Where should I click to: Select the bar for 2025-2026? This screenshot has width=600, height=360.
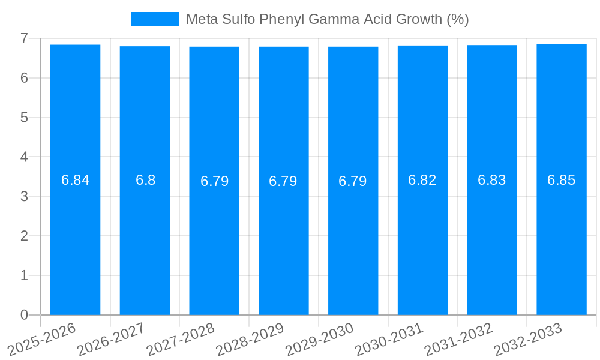75,240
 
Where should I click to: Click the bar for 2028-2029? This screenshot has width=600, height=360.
284,240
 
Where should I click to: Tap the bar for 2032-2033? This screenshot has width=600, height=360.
562,240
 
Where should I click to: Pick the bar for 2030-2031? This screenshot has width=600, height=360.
422,240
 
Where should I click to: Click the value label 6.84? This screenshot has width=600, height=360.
76,180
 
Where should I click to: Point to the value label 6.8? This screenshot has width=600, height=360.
145,180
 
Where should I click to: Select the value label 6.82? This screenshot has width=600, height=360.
422,180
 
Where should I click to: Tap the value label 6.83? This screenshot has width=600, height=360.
492,180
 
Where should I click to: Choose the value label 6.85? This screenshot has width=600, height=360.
562,180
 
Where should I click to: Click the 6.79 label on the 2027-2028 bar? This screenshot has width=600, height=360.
215,181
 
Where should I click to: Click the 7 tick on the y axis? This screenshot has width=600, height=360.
24,38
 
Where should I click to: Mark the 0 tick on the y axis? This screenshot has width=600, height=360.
24,315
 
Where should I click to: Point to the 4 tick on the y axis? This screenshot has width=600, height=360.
24,157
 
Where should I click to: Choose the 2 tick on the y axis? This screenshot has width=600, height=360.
24,236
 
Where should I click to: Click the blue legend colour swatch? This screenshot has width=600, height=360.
155,19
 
